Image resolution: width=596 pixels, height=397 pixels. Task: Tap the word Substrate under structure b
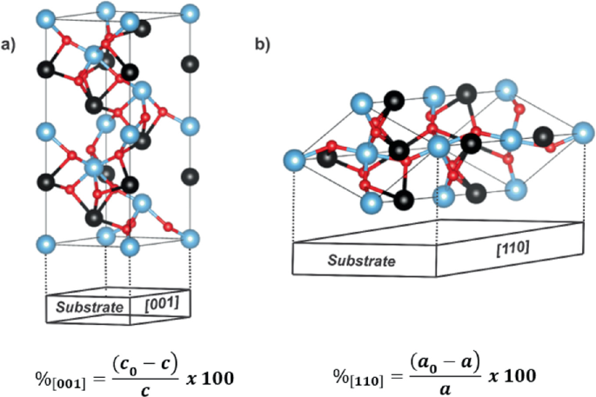(361, 260)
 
